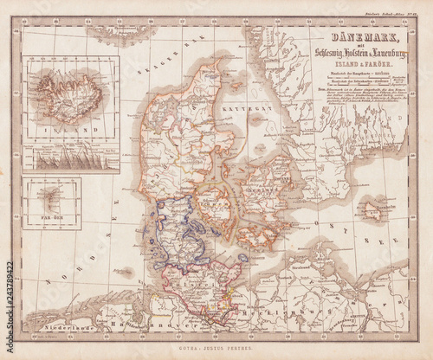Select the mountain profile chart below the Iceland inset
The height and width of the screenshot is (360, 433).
tap(73, 158)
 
